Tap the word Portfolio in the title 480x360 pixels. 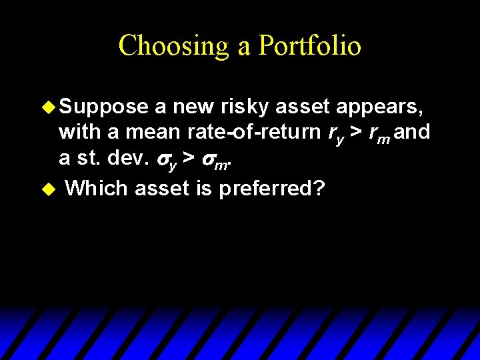(310, 45)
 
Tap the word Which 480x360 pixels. (97, 188)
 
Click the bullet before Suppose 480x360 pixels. (48, 107)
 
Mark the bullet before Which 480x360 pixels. (47, 189)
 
